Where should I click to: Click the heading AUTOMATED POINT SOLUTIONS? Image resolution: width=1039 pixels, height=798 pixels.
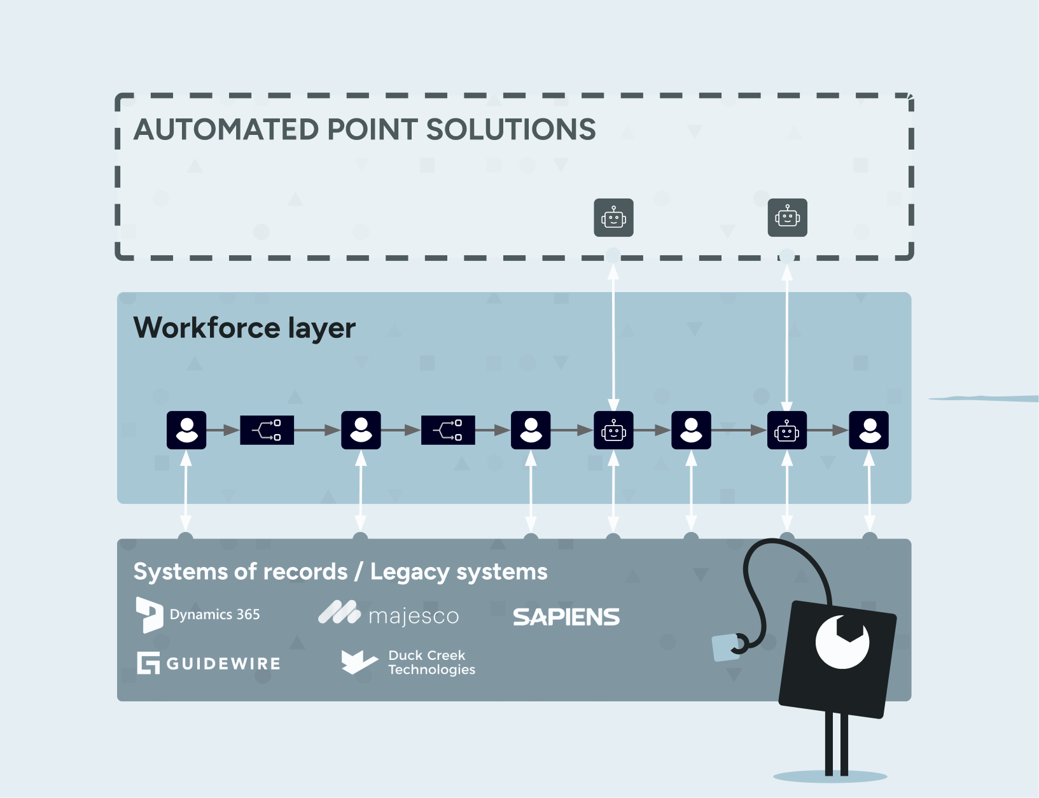[365, 129]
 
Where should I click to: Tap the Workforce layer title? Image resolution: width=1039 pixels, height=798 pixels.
[244, 328]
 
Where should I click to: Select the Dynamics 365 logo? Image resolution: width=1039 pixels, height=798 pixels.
[198, 615]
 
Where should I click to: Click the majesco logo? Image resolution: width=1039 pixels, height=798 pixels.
[388, 613]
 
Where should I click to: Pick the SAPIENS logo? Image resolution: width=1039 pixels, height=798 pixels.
[566, 617]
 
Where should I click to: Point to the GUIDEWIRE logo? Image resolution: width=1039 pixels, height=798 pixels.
[209, 663]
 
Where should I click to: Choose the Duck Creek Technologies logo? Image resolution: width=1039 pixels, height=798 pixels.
[408, 662]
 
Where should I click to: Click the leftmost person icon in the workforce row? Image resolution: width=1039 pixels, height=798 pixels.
[186, 430]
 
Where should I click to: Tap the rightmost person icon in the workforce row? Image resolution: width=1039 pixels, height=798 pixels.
[868, 430]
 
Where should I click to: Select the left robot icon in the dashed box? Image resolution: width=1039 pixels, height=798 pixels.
[613, 218]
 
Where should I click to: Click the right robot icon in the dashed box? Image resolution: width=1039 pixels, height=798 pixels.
[788, 218]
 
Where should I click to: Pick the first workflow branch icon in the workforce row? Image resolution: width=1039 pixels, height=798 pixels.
[267, 430]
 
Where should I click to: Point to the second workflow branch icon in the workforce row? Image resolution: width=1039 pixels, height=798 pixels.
[448, 430]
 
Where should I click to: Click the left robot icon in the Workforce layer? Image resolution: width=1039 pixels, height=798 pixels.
[613, 430]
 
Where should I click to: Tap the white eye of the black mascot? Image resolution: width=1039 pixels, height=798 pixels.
[842, 641]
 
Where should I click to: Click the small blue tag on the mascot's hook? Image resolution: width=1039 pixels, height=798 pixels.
[727, 648]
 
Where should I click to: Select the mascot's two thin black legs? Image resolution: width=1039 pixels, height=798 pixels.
[836, 743]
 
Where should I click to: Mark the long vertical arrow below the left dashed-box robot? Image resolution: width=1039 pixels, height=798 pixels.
[613, 337]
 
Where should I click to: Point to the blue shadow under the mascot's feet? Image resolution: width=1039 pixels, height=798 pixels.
[830, 776]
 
